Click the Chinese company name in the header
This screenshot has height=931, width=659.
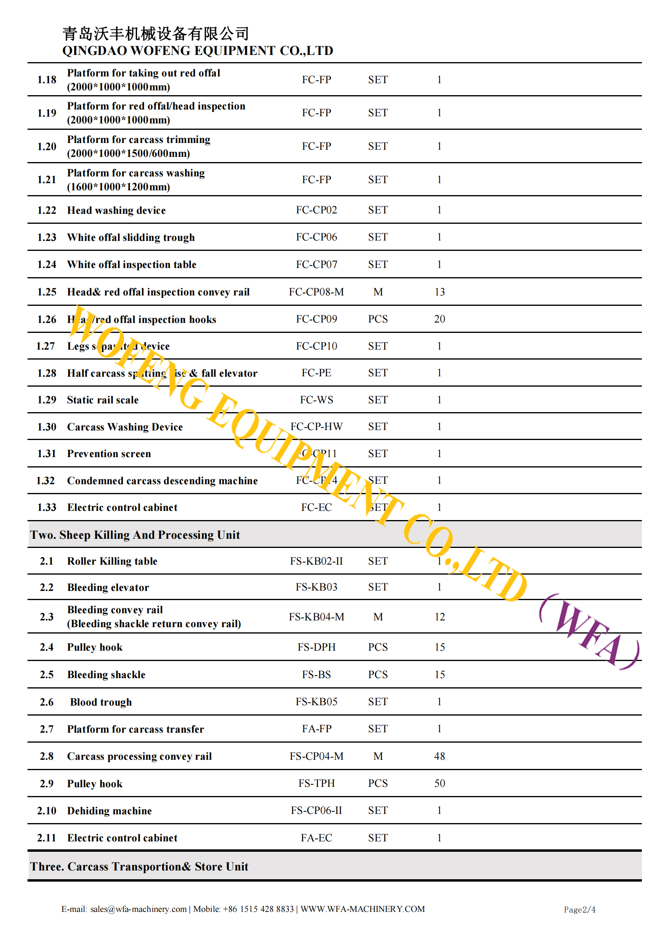point(155,34)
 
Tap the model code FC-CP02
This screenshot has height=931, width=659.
point(316,210)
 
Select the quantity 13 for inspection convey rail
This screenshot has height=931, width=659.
point(439,292)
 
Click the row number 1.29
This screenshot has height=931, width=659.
point(47,400)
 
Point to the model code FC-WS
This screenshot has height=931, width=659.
point(316,400)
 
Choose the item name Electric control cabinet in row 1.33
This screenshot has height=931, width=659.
point(122,507)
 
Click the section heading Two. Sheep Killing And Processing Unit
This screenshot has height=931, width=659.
point(135,535)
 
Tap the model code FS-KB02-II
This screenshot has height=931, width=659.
point(316,561)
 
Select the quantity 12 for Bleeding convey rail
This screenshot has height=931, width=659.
point(439,617)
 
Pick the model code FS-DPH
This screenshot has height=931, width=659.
point(316,647)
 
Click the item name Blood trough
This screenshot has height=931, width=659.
point(101,702)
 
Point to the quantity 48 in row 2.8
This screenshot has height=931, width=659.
point(439,756)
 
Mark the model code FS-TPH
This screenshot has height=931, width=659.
point(316,783)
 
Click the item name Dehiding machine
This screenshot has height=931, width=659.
point(109,811)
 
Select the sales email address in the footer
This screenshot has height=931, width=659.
point(138,909)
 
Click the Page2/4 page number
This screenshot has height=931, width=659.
point(579,909)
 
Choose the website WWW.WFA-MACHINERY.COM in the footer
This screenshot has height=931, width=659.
point(362,909)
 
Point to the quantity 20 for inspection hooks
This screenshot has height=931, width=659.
point(439,319)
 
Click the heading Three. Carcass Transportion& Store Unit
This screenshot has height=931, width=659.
point(139,866)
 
